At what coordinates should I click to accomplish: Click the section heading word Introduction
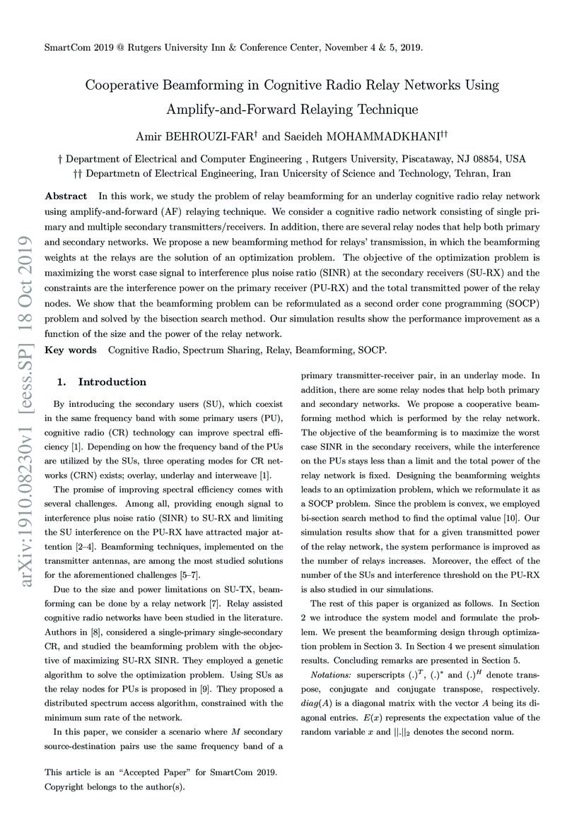pos(112,382)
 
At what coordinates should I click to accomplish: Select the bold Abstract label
pos(66,196)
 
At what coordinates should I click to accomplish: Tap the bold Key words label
pos(70,350)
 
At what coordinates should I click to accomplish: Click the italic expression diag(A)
pos(317,704)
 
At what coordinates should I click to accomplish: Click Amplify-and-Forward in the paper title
pos(223,110)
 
